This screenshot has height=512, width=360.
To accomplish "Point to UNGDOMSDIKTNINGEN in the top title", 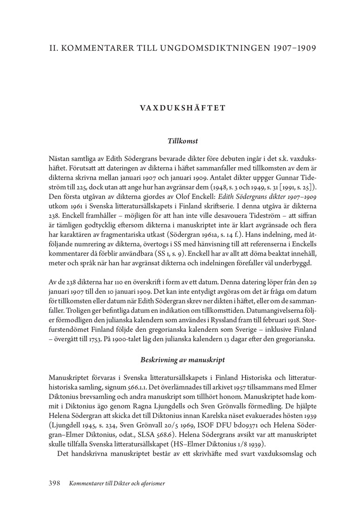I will click(x=212, y=48).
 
